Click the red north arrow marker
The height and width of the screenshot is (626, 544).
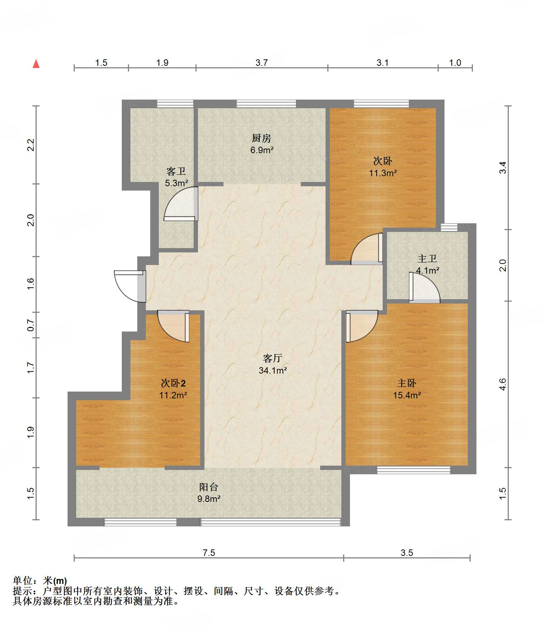point(36,64)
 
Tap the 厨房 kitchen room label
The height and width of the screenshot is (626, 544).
point(261,138)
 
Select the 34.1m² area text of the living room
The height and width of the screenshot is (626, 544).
point(273,370)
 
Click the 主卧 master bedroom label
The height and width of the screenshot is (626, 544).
point(407,383)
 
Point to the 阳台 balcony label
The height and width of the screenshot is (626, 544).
point(209,487)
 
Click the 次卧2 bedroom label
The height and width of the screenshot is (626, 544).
point(173,383)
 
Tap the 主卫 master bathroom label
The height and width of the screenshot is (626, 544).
point(427,259)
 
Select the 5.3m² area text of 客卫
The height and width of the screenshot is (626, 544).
point(176,183)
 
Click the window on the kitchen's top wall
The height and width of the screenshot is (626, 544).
point(266,104)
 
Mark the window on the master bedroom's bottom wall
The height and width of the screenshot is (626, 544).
point(413,470)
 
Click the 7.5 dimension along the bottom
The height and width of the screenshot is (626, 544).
point(209,553)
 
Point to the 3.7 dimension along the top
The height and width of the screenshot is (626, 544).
point(262,63)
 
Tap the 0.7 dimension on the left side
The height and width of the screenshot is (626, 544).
point(31,325)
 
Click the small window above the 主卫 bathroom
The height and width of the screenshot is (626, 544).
point(449,227)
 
